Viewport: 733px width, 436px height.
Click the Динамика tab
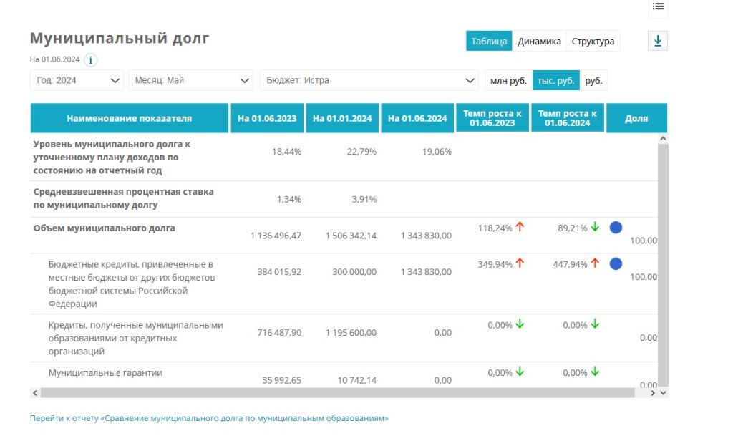pos(539,42)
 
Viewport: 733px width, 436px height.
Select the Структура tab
pos(593,42)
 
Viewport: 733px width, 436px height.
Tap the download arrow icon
pos(658,42)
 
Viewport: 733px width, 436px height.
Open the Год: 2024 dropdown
pos(77,80)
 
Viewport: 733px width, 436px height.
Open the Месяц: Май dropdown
pos(191,80)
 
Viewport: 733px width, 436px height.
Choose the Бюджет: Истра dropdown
pos(369,80)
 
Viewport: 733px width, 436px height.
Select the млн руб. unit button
pos(508,81)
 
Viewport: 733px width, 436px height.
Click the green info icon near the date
pos(91,60)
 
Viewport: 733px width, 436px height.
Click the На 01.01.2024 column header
pos(342,119)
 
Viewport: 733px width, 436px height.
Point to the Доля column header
pos(636,119)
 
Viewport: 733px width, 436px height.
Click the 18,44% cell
pos(287,152)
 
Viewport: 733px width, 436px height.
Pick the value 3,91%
pos(364,199)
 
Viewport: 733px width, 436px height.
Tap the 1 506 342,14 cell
pos(351,236)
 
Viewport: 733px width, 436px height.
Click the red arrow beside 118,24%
pos(520,227)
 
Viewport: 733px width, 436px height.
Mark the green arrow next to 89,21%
pos(594,227)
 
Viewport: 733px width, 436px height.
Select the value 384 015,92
pos(279,272)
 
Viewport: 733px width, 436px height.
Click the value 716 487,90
pos(279,333)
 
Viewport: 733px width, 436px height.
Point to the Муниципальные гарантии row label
pos(105,373)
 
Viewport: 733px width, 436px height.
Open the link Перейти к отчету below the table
pos(209,418)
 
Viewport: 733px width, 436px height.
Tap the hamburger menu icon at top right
pos(659,6)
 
